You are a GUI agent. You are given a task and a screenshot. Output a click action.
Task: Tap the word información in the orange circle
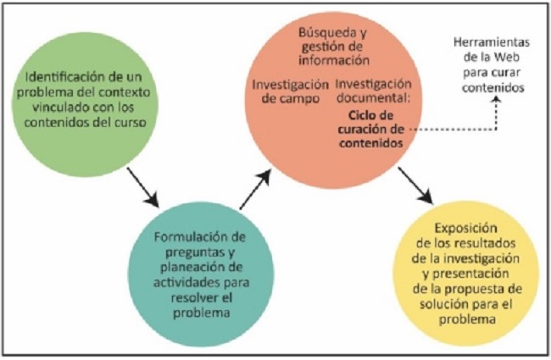pyautogui.click(x=334, y=60)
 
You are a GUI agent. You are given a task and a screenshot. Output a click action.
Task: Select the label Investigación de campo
pyautogui.click(x=290, y=91)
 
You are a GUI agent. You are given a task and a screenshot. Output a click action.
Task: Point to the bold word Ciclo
pyautogui.click(x=360, y=115)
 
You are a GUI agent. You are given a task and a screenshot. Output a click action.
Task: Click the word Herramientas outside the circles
pyautogui.click(x=492, y=42)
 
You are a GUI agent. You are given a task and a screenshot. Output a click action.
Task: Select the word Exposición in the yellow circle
pyautogui.click(x=466, y=229)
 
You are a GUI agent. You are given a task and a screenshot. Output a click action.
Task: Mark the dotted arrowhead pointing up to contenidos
pyautogui.click(x=496, y=100)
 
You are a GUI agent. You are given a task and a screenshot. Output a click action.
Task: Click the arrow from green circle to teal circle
pyautogui.click(x=143, y=188)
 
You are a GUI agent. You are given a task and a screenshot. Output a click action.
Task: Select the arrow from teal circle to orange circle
pyautogui.click(x=255, y=189)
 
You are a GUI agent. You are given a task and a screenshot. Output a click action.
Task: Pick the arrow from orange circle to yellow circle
pyautogui.click(x=415, y=186)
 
